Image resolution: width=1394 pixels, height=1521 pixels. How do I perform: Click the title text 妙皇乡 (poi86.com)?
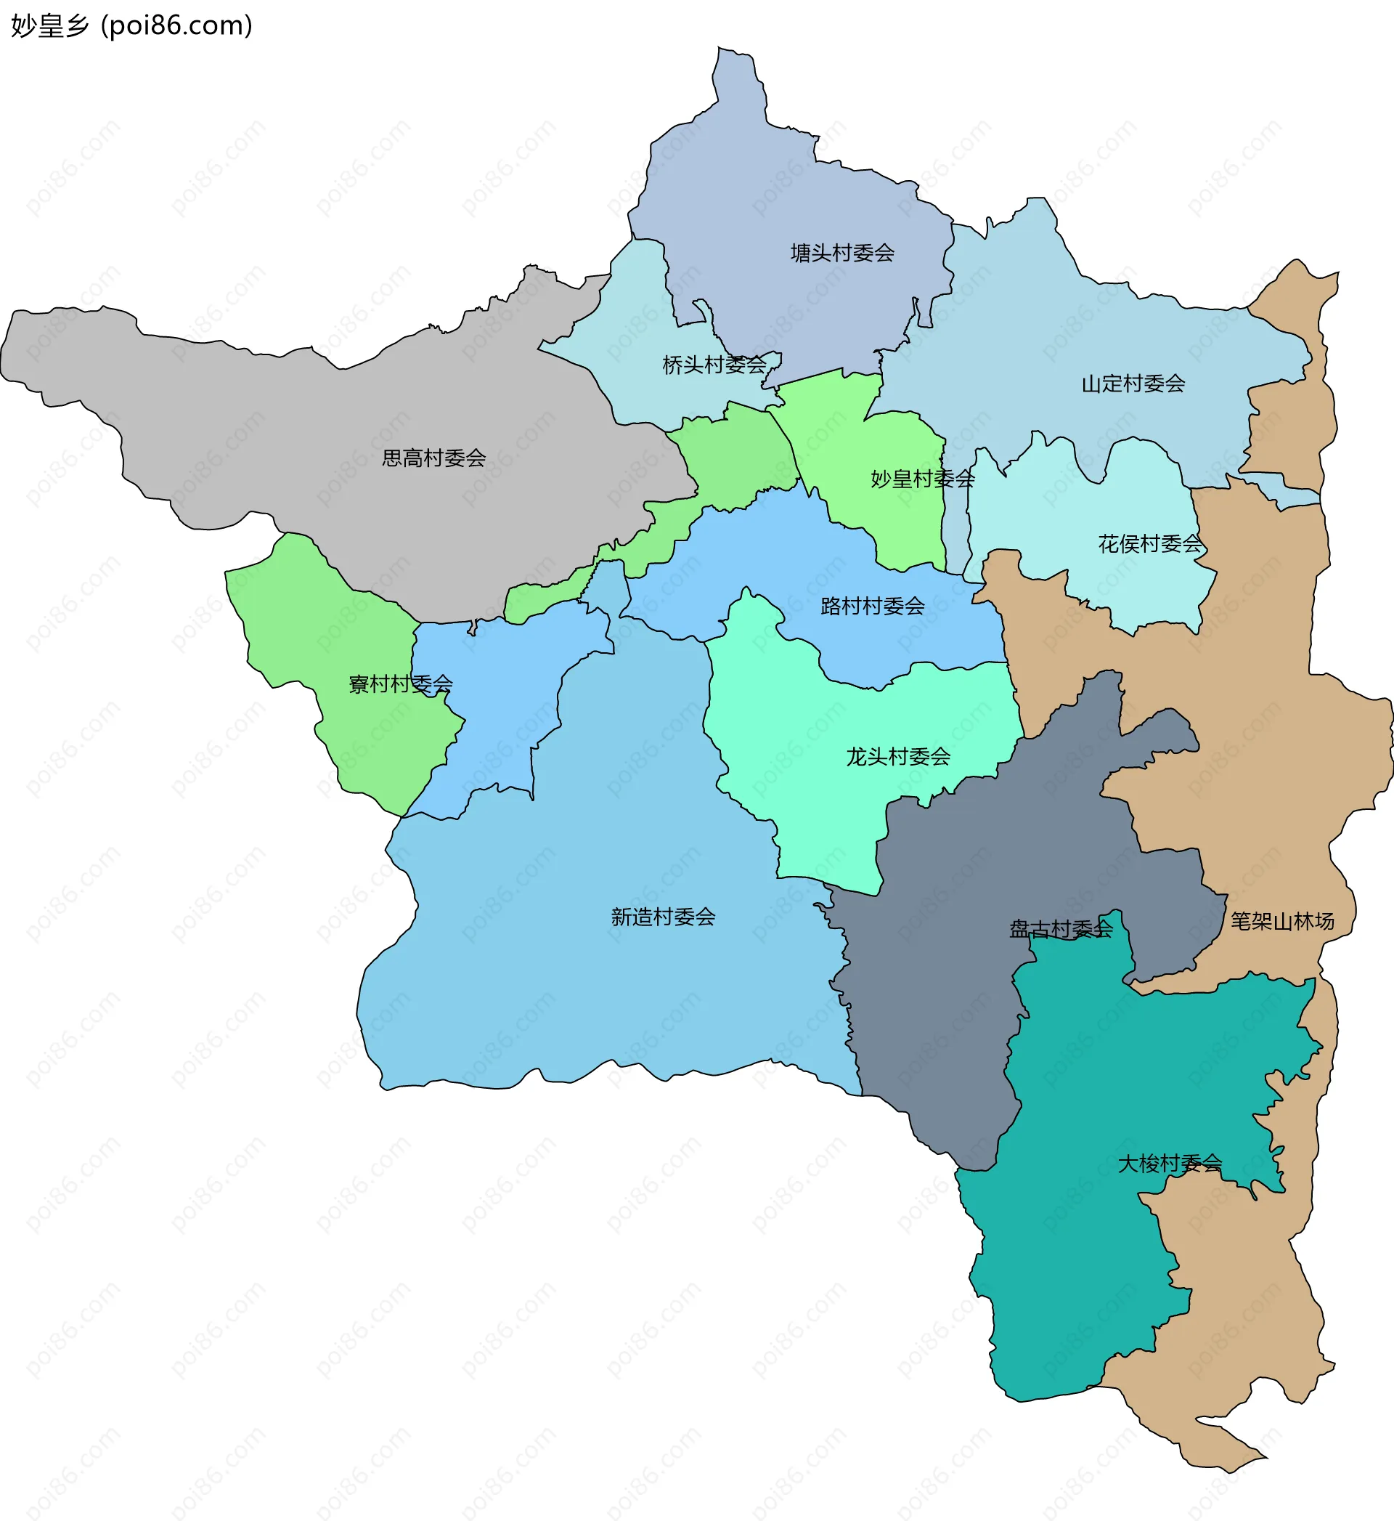pyautogui.click(x=131, y=25)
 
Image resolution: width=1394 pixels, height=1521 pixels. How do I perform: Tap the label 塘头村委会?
pyautogui.click(x=841, y=253)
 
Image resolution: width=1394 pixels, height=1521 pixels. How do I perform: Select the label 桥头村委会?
pyautogui.click(x=714, y=365)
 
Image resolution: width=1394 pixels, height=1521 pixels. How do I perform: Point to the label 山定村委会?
pyautogui.click(x=1133, y=384)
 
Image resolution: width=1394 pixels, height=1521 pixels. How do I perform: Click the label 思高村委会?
pyautogui.click(x=433, y=458)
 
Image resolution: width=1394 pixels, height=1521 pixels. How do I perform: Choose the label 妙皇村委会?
pyautogui.click(x=922, y=479)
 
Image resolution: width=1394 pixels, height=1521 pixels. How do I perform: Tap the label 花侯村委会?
pyautogui.click(x=1149, y=544)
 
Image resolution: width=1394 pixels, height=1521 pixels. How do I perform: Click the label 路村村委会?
pyautogui.click(x=872, y=606)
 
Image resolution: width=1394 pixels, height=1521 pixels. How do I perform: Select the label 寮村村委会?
pyautogui.click(x=400, y=684)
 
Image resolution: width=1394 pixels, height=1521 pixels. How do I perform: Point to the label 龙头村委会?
pyautogui.click(x=897, y=757)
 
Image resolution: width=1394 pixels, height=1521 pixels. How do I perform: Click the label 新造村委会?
pyautogui.click(x=662, y=917)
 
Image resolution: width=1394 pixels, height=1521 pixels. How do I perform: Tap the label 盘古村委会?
pyautogui.click(x=1061, y=930)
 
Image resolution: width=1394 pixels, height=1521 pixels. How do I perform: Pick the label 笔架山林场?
pyautogui.click(x=1282, y=921)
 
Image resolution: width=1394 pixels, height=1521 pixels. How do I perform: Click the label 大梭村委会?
pyautogui.click(x=1169, y=1164)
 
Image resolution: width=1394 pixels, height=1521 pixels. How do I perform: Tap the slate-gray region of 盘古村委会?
pyautogui.click(x=943, y=1018)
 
